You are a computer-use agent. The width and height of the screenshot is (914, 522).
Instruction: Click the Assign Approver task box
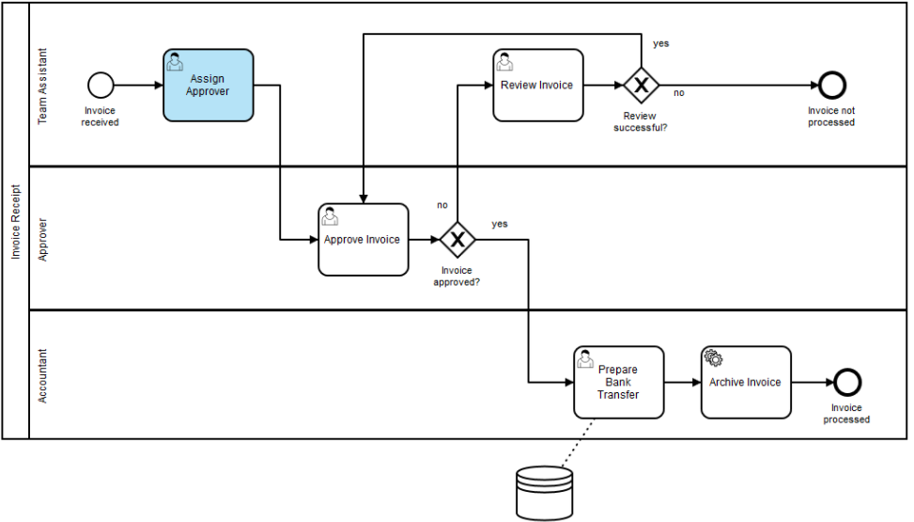[x=209, y=86]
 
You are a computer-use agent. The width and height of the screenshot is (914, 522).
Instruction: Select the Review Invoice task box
[x=538, y=86]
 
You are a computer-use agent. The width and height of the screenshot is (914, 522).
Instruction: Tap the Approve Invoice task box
[x=364, y=240]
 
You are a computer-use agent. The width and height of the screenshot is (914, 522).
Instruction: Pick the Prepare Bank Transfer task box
[x=618, y=383]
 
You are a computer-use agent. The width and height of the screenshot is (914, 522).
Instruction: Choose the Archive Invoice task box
[x=746, y=383]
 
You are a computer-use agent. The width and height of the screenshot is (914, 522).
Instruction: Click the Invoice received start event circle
[x=101, y=86]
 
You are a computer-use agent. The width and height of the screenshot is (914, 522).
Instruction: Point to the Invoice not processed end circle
[x=832, y=86]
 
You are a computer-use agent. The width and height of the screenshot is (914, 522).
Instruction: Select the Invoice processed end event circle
[x=847, y=383]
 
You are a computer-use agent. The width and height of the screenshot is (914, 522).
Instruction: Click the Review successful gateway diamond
[x=642, y=86]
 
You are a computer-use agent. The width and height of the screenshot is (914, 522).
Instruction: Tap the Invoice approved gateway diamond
[x=457, y=240]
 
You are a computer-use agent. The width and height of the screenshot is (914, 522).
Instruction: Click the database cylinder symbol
[x=545, y=493]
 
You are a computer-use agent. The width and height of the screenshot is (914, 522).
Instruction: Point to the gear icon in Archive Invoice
[x=713, y=357]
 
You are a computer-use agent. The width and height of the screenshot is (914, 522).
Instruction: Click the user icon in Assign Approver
[x=175, y=61]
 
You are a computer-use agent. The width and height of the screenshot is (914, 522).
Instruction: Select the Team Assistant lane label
[x=42, y=86]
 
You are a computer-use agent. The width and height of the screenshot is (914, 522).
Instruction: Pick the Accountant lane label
[x=42, y=376]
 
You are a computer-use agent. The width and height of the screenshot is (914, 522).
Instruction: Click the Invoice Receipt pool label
[x=16, y=222]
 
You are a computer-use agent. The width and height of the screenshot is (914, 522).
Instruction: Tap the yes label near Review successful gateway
[x=661, y=43]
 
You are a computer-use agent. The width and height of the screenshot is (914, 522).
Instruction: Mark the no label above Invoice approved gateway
[x=442, y=205]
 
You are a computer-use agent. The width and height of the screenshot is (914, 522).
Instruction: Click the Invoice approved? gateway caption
[x=457, y=277]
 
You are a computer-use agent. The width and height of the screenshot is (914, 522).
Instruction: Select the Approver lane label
[x=42, y=240]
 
